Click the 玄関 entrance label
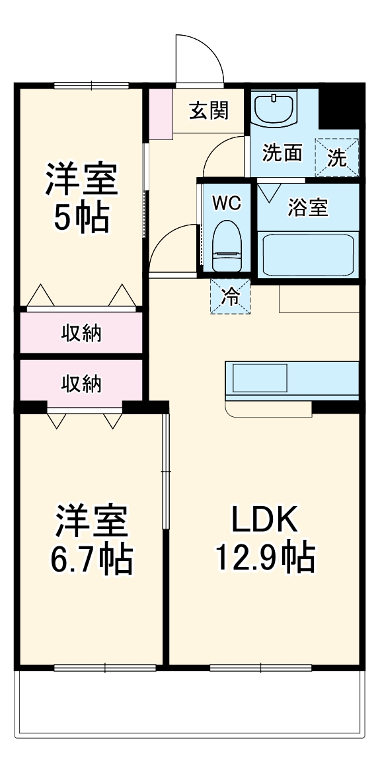point(209,111)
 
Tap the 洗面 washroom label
point(282,153)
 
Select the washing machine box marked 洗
point(337,157)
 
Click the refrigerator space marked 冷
point(231,295)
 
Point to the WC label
point(225,202)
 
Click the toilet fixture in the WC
point(225,246)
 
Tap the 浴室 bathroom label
point(308,207)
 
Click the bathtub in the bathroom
point(308,255)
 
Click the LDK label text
point(264,521)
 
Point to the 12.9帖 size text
point(264,558)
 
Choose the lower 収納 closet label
point(81,383)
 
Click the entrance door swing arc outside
point(198,56)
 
